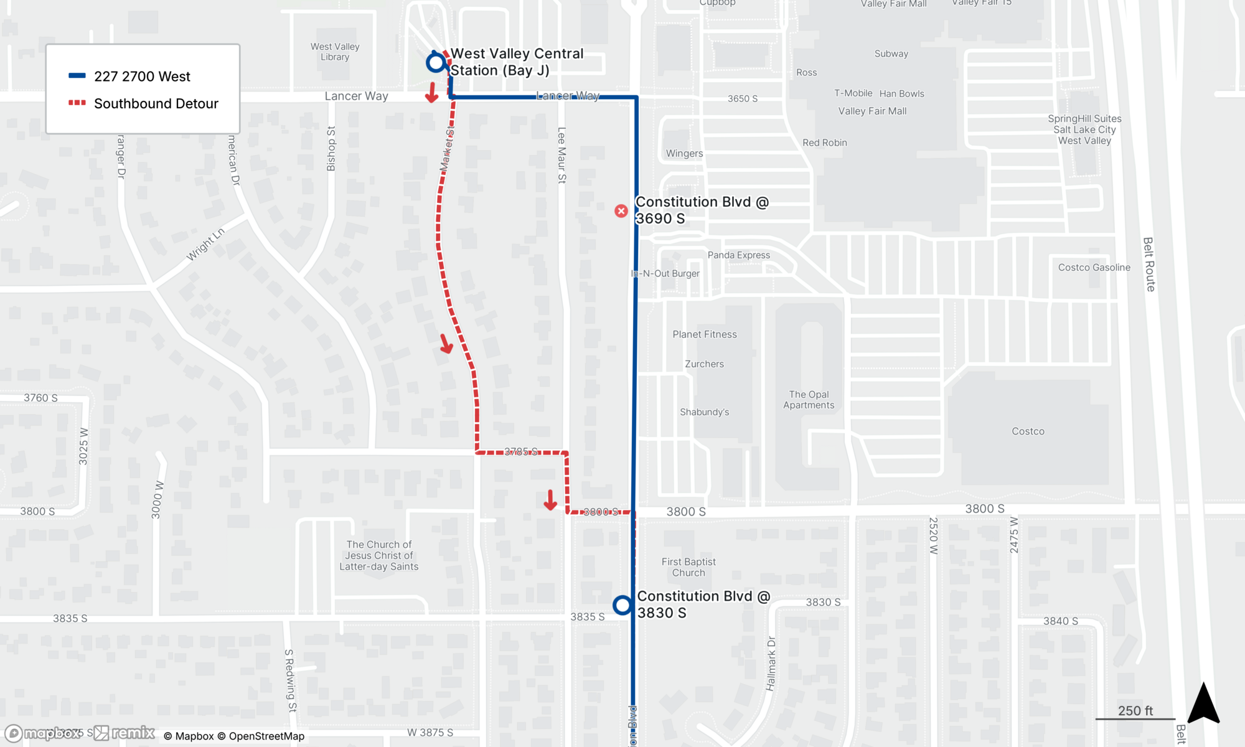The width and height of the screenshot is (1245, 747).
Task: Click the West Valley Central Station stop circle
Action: (x=436, y=63)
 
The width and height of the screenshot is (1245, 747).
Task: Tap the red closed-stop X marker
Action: (x=621, y=211)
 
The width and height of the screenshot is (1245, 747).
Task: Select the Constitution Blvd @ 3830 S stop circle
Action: (x=622, y=605)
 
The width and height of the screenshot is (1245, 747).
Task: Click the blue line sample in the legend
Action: (x=77, y=76)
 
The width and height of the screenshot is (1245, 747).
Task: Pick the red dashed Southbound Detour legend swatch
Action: (x=77, y=103)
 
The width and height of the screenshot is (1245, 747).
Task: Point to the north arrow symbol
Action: (x=1203, y=703)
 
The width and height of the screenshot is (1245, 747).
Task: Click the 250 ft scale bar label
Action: (x=1135, y=711)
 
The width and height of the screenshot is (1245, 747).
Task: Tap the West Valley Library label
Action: (x=335, y=52)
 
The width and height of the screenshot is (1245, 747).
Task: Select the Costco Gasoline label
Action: (x=1094, y=268)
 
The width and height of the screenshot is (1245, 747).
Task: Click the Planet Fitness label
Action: (x=704, y=334)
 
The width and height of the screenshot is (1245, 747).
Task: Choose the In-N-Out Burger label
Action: (x=665, y=273)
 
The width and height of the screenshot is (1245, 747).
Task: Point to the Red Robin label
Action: (x=824, y=143)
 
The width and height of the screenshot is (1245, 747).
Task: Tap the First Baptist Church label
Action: (x=688, y=567)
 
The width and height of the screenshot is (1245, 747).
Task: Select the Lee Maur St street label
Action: (x=561, y=155)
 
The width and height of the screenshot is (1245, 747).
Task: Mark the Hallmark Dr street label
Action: (x=771, y=664)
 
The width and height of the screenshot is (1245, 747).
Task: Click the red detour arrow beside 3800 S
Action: (x=550, y=500)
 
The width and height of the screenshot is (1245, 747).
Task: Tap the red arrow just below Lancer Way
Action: (x=432, y=93)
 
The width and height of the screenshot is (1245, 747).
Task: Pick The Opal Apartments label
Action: (x=809, y=400)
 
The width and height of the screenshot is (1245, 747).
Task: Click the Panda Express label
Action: (x=738, y=255)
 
